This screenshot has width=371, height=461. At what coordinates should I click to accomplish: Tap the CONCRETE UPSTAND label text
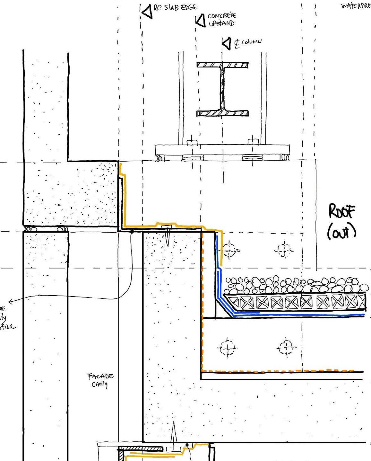tap(222, 19)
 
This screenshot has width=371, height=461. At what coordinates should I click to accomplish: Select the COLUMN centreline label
tap(248, 42)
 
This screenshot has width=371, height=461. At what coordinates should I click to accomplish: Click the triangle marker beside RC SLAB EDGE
tap(147, 12)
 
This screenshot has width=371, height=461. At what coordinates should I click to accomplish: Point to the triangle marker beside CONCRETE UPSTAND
tap(201, 21)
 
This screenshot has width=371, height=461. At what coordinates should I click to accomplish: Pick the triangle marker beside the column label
tap(227, 43)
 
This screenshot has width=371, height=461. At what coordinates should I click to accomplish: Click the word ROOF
tap(341, 212)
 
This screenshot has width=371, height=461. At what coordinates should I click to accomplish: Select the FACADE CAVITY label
tap(100, 380)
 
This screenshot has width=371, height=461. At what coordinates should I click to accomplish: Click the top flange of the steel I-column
tap(223, 65)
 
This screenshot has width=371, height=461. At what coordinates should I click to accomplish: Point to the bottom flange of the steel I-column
tap(223, 113)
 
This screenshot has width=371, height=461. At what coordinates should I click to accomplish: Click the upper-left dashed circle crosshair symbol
tap(229, 250)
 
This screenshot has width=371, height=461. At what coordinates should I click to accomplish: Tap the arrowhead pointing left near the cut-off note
tap(11, 301)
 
